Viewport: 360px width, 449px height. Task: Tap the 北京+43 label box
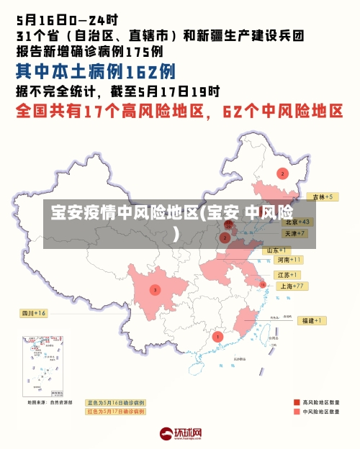point(296,222)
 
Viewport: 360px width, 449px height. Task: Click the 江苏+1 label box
point(287,275)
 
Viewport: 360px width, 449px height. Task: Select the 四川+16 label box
point(33,313)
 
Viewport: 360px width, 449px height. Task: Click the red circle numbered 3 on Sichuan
point(155,289)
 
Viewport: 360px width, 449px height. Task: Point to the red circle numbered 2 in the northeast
point(282,173)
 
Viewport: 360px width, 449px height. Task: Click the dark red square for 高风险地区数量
point(296,402)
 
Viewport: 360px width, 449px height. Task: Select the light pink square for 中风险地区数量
point(296,412)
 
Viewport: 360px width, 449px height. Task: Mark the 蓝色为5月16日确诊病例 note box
point(116,403)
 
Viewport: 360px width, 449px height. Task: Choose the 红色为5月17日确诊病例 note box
point(116,412)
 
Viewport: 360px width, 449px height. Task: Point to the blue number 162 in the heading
point(141,72)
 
